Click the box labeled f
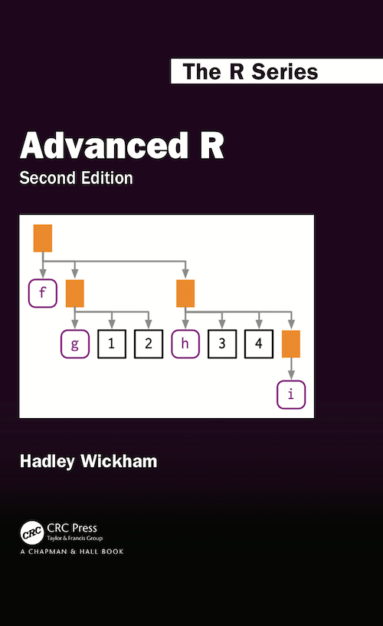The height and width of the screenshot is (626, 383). (x=42, y=293)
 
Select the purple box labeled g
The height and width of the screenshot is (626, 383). (x=75, y=344)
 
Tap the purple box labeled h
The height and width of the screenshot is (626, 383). (x=185, y=344)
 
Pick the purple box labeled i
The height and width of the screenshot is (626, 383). (x=290, y=394)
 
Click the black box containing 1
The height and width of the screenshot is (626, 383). (x=112, y=344)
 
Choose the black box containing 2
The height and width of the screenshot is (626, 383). (x=149, y=344)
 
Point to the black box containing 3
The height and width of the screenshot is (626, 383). (x=222, y=344)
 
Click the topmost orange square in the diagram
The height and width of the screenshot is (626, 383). (x=42, y=238)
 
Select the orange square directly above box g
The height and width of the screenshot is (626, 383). (x=75, y=293)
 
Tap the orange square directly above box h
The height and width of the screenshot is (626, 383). (x=185, y=293)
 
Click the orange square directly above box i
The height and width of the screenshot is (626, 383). (x=290, y=344)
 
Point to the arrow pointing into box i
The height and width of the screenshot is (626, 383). (x=290, y=370)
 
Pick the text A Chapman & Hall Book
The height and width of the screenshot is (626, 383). (x=71, y=552)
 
